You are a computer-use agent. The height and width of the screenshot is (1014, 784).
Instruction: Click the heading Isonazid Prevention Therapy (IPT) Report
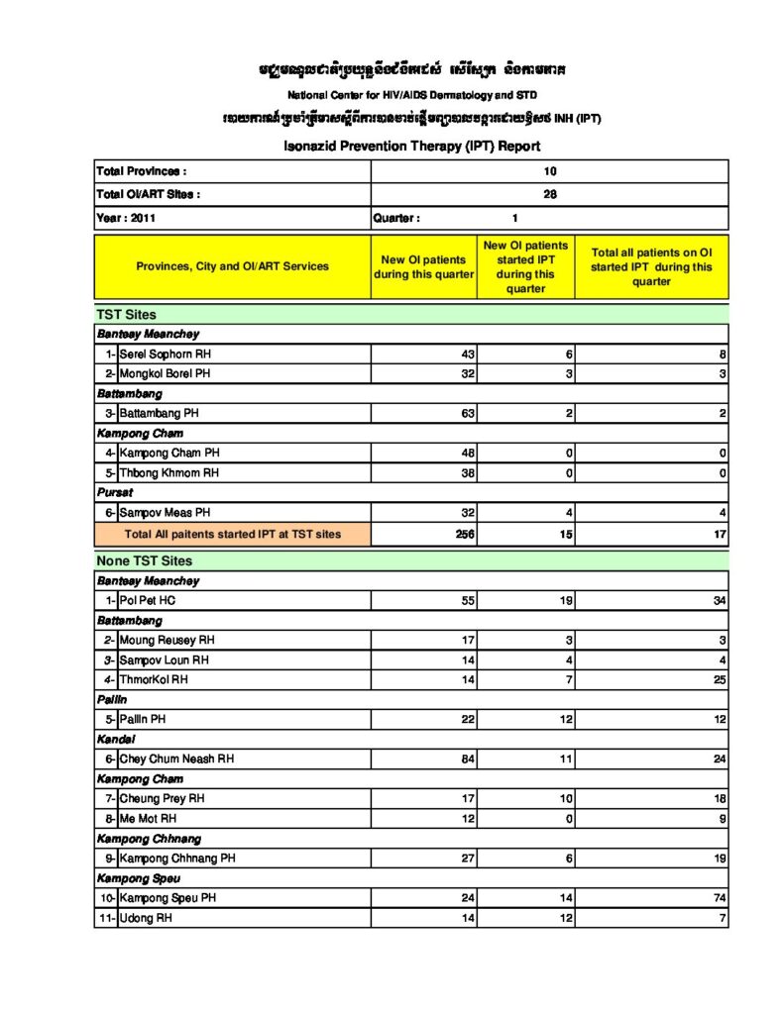point(411,147)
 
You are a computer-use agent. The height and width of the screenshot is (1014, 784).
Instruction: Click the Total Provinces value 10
point(550,171)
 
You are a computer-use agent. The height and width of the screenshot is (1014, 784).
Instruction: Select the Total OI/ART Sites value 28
point(550,195)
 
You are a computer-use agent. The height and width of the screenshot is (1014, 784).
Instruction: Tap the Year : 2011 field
point(126,218)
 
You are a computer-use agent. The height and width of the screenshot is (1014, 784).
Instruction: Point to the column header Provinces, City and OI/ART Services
point(233,266)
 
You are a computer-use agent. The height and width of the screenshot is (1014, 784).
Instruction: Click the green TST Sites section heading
point(126,315)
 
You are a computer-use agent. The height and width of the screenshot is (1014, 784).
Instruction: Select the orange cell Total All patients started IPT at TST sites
point(233,534)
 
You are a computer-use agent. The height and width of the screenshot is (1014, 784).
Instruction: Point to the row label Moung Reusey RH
point(167,641)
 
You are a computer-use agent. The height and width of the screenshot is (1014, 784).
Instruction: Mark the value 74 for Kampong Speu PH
point(719,898)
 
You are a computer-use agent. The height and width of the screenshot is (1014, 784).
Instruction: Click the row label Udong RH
point(146,918)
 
